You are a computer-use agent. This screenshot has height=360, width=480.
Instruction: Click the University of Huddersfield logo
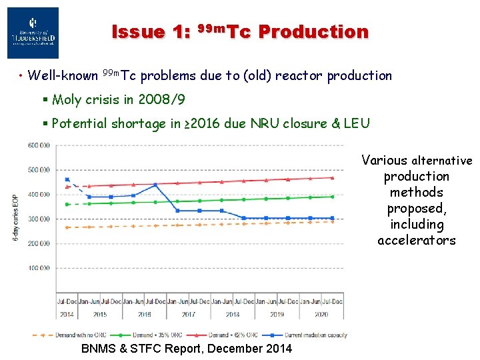tap(33, 33)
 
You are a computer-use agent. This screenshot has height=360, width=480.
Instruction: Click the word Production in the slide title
tap(313, 31)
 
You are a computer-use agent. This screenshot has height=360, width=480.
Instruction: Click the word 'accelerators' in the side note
tap(417, 240)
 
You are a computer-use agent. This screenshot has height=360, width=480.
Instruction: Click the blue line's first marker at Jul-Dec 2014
tap(67, 179)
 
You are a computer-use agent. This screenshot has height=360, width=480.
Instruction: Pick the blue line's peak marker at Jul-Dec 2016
tap(155, 185)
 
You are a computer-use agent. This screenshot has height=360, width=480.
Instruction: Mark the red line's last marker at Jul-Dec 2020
tap(332, 177)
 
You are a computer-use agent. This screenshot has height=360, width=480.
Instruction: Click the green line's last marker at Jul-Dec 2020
tap(332, 197)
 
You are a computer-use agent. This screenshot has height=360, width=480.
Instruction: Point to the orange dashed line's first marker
tap(67, 227)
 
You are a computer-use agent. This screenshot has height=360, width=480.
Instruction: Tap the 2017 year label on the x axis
tap(188, 314)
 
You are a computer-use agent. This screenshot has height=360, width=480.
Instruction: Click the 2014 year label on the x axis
tap(67, 314)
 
